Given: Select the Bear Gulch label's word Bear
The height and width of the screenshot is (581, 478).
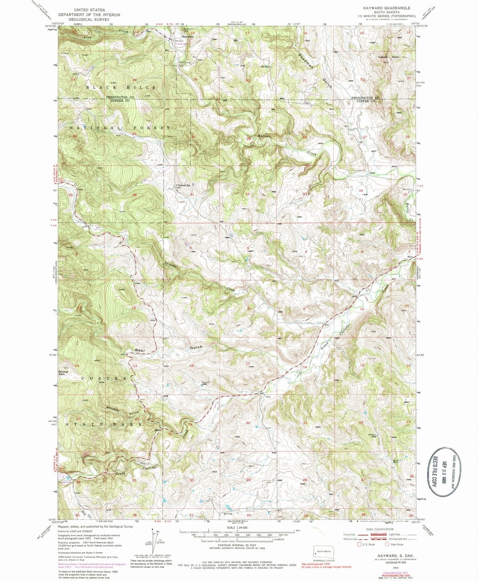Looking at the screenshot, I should (x=140, y=350).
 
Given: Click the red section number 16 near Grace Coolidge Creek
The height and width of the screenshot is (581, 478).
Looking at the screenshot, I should (x=305, y=367).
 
